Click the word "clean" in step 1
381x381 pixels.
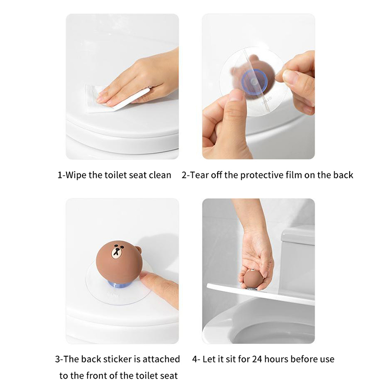(160, 175)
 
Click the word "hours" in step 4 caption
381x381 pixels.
(277, 359)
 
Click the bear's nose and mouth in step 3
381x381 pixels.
(117, 251)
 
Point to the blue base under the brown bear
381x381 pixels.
(119, 284)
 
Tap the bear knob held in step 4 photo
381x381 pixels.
(253, 279)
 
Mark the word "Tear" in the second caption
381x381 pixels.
(199, 175)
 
